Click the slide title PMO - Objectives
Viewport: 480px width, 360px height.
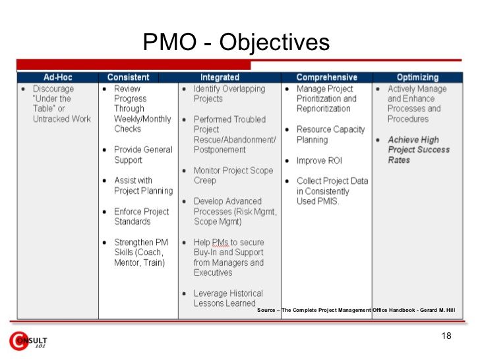coord(236,42)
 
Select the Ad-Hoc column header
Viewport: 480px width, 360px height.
coord(57,77)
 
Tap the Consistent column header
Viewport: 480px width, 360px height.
coord(129,77)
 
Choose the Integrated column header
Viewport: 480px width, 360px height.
coord(220,77)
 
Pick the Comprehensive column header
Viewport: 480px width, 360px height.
coord(326,77)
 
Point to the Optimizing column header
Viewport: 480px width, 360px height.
coord(417,77)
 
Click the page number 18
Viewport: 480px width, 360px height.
coord(446,336)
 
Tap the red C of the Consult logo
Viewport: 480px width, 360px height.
coord(18,341)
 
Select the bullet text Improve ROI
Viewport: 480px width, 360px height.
coord(319,160)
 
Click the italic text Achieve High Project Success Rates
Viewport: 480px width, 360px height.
coord(419,150)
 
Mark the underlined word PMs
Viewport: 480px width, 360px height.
coord(220,242)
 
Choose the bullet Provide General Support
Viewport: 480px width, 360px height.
coord(143,154)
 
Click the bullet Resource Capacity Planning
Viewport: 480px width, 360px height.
coord(330,135)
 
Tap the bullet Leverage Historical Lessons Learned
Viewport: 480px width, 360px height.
coord(228,298)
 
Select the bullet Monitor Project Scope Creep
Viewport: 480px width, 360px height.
coord(233,175)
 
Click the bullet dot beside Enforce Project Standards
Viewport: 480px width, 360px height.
coord(105,212)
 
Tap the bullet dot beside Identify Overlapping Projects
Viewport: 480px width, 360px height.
coord(184,89)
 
